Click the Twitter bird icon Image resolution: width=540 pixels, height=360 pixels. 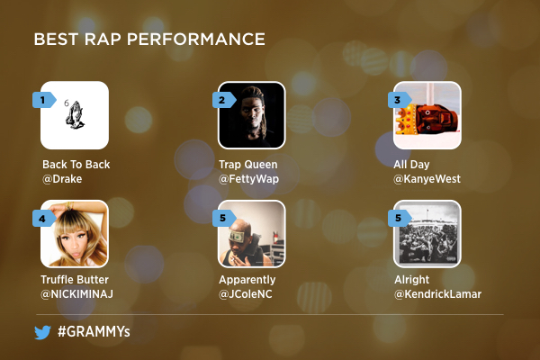(x=42, y=332)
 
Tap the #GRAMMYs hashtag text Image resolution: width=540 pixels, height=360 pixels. (x=94, y=331)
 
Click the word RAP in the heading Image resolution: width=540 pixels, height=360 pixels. (x=103, y=40)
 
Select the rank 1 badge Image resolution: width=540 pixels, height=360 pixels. (x=44, y=100)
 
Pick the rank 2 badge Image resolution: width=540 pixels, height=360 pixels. (x=224, y=100)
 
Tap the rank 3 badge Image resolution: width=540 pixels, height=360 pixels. (x=400, y=100)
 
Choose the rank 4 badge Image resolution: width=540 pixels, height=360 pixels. (x=44, y=219)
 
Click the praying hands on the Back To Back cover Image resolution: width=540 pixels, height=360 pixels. (x=75, y=114)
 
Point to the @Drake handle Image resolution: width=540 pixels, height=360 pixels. (x=62, y=179)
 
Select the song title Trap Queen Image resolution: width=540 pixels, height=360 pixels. (x=248, y=165)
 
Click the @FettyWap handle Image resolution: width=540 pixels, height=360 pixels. (x=248, y=179)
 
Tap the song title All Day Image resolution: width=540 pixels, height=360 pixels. (x=411, y=165)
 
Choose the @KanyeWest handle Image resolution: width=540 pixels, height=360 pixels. (x=427, y=179)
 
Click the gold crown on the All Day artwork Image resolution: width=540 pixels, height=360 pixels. (x=407, y=120)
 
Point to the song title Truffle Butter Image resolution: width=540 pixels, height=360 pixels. (x=75, y=279)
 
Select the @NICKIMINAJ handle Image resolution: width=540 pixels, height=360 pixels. (x=76, y=294)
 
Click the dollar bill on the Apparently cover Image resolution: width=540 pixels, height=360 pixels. (x=238, y=236)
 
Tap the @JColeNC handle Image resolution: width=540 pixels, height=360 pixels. (x=245, y=294)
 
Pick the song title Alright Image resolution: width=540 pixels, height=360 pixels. (x=412, y=279)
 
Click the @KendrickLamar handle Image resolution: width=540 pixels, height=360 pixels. (x=437, y=294)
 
